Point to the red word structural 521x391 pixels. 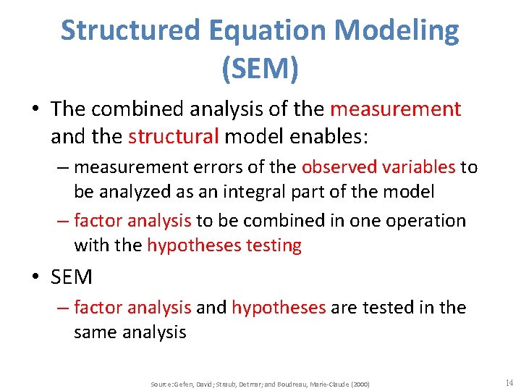[x=174, y=136]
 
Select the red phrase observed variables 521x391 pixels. [x=378, y=167]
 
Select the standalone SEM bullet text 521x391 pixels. [x=72, y=276]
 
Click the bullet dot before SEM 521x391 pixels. [x=35, y=277]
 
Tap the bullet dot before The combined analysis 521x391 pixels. [x=35, y=109]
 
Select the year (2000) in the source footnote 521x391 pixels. [x=359, y=384]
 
